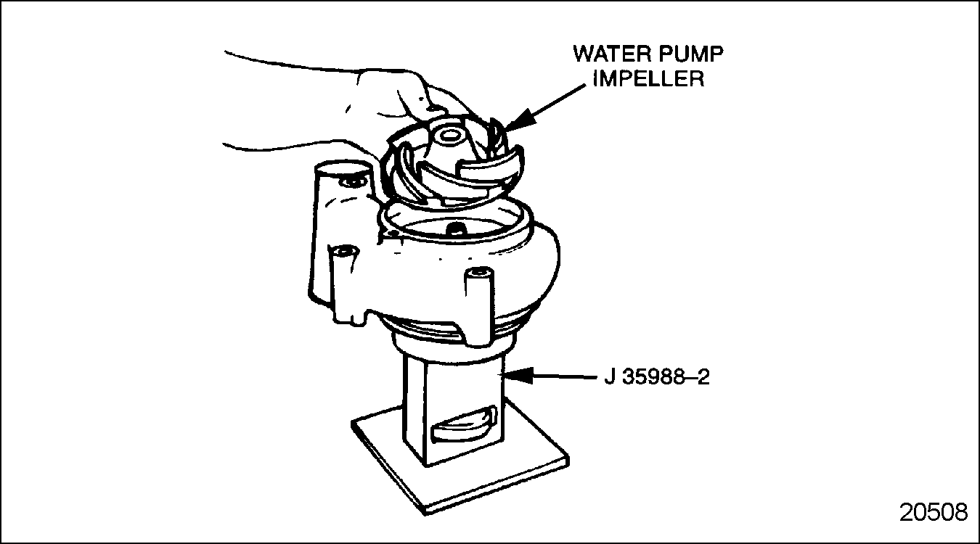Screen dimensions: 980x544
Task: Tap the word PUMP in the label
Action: point(688,54)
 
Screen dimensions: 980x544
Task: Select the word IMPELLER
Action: point(649,79)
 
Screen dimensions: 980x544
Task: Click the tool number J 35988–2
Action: point(657,376)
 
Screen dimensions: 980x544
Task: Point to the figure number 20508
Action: point(934,512)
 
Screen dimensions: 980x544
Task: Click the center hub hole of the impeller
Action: point(449,135)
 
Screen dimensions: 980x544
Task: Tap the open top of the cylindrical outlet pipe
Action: point(344,168)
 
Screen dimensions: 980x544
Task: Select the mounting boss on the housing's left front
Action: point(346,284)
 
